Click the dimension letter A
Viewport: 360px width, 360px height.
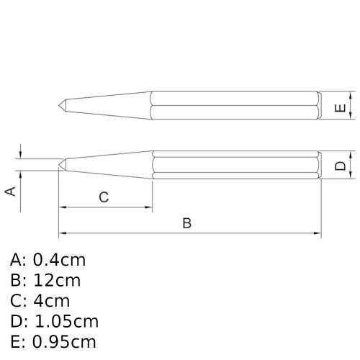click(10, 191)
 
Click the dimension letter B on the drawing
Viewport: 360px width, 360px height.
click(186, 223)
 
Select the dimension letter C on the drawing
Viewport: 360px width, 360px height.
click(104, 197)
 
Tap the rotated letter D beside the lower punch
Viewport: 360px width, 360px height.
click(341, 166)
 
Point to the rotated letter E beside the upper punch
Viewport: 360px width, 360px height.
click(341, 109)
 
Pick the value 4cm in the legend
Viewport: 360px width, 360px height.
click(51, 301)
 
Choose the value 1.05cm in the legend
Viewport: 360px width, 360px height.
click(66, 321)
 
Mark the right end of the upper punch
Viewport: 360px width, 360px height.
click(319, 105)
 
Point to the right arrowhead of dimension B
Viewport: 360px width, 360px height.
click(317, 234)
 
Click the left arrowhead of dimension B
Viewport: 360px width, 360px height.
click(62, 234)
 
